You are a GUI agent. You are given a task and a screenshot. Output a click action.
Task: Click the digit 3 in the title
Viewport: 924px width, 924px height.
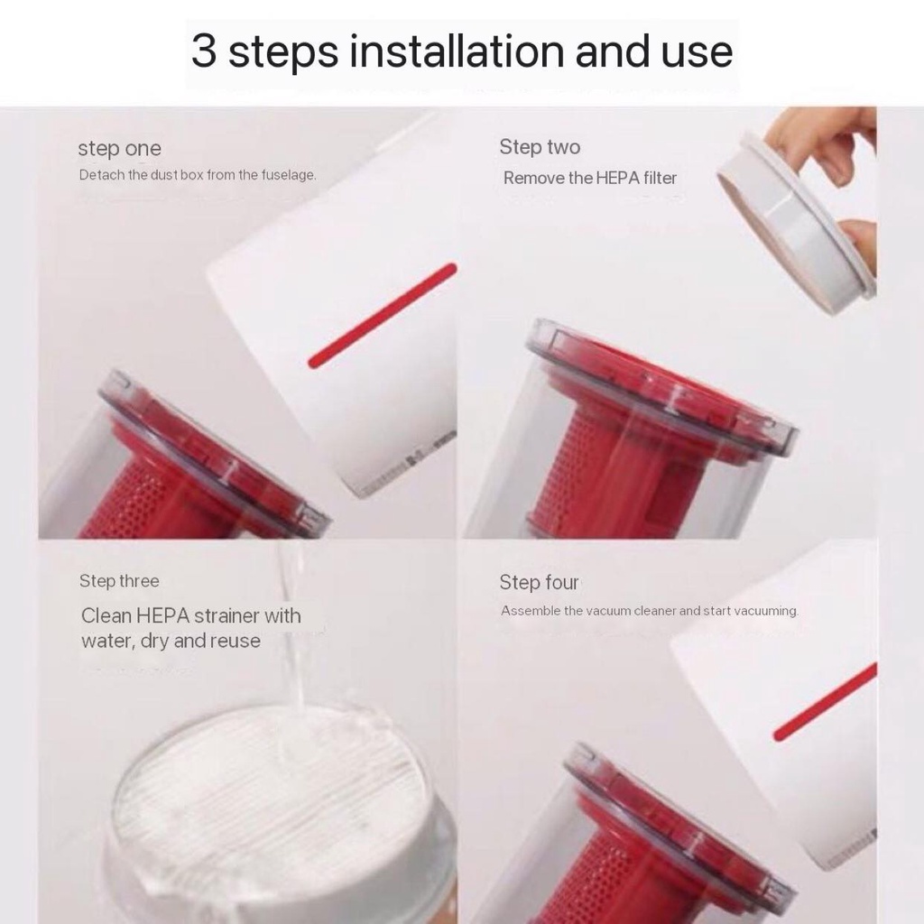pos(204,51)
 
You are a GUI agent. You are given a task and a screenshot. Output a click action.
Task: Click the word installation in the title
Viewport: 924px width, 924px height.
pos(457,51)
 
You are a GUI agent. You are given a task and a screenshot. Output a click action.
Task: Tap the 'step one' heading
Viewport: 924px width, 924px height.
pos(120,149)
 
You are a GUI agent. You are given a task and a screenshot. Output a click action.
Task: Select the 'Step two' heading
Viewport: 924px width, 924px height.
pos(540,147)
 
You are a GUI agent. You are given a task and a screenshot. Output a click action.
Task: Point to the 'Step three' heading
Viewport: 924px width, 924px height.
pos(120,581)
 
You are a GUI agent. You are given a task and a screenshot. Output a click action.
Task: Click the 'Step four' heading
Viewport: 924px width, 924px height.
pos(539,582)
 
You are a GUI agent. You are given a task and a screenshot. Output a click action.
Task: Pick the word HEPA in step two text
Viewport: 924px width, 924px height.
pos(617,178)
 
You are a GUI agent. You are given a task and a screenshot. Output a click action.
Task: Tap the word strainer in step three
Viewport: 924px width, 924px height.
pos(226,615)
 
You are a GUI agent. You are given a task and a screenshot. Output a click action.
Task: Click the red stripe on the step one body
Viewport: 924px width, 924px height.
pos(383,315)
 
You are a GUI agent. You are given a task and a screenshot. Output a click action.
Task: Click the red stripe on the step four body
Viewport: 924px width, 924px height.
pos(825,702)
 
